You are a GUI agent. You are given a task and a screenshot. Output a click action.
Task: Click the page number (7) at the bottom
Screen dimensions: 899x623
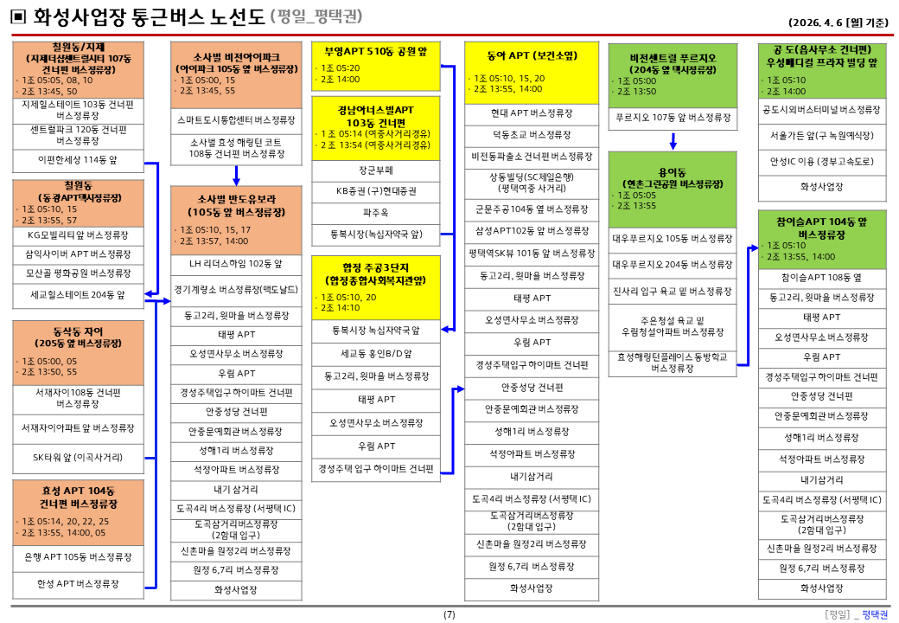coord(449,614)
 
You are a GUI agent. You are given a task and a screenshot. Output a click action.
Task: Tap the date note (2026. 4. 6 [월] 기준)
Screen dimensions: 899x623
coord(838,22)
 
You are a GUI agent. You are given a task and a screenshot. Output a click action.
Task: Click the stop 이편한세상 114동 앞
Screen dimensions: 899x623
coord(78,160)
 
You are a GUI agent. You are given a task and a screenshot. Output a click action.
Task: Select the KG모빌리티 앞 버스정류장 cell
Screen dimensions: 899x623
coord(78,235)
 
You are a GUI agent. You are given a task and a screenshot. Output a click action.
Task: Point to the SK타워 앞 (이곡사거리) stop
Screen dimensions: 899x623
coord(78,457)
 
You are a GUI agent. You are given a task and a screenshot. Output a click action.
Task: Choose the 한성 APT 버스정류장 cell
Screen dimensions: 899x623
coord(78,584)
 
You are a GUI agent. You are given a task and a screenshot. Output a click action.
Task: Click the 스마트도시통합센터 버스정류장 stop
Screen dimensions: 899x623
coord(236,120)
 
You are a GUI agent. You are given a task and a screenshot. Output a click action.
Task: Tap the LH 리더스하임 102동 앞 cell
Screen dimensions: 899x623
coord(236,264)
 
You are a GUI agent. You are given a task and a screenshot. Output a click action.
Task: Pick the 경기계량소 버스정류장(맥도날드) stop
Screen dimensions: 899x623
coord(236,290)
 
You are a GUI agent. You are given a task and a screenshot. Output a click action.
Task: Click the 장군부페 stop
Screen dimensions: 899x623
coord(375,170)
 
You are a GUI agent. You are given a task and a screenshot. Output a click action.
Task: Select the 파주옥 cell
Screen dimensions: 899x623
coord(375,213)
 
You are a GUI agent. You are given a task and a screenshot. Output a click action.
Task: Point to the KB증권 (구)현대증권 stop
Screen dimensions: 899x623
coord(375,191)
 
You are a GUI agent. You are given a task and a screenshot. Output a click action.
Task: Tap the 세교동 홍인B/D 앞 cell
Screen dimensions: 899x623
coord(375,354)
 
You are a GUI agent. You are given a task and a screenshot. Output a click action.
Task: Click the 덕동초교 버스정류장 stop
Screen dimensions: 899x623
coord(532,135)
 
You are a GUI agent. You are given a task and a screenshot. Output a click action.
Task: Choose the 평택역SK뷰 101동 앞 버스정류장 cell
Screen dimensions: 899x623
coord(532,253)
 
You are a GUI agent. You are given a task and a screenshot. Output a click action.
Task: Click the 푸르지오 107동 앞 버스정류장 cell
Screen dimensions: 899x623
coord(673,118)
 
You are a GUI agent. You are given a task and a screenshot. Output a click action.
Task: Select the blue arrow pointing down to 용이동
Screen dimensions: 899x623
coord(673,141)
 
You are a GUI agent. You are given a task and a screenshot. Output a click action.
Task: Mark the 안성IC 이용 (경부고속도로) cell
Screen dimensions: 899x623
coord(821,162)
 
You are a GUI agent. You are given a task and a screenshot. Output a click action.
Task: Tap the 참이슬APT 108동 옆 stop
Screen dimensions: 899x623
coord(821,278)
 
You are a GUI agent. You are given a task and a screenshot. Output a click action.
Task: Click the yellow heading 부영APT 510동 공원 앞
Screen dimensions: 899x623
coord(375,52)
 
